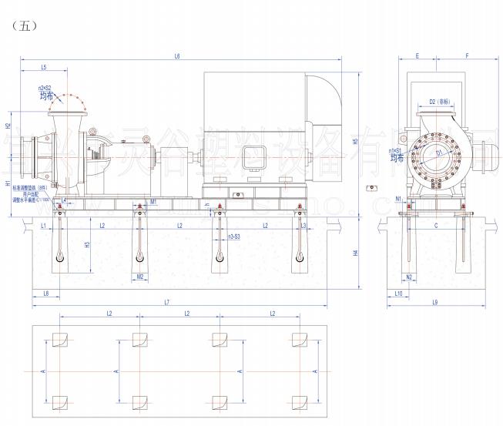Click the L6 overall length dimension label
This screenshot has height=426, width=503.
click(x=177, y=56)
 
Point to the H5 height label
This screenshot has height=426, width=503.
click(x=356, y=142)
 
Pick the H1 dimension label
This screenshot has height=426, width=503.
click(x=8, y=184)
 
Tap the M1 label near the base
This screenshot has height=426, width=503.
click(x=154, y=202)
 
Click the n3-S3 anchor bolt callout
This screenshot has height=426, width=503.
click(x=232, y=236)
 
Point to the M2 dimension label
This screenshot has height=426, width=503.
click(x=139, y=276)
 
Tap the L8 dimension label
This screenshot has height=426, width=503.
click(x=46, y=294)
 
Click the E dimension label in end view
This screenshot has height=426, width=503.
click(x=417, y=56)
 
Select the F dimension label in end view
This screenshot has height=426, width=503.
click(x=468, y=56)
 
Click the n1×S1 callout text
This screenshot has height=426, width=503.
click(x=395, y=150)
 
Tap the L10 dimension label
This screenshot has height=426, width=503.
click(x=398, y=294)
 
